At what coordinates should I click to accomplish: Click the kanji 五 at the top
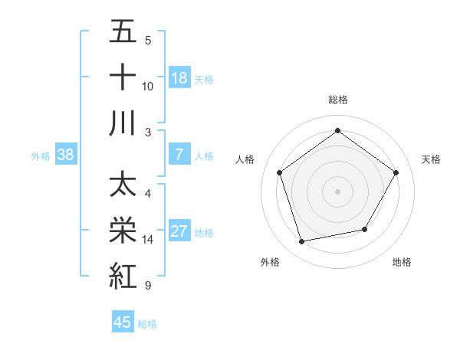click(x=123, y=33)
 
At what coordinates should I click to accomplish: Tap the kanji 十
click(x=123, y=77)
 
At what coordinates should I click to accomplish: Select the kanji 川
click(x=123, y=123)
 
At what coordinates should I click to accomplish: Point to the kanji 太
click(x=123, y=185)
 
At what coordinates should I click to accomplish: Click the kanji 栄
click(x=123, y=231)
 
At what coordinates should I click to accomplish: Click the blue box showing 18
click(x=179, y=78)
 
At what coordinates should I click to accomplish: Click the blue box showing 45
click(x=123, y=322)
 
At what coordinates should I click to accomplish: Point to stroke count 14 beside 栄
click(x=148, y=240)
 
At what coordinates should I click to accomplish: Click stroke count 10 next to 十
click(x=148, y=86)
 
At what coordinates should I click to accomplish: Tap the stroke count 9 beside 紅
click(x=147, y=286)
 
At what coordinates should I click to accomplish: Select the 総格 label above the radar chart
click(x=338, y=100)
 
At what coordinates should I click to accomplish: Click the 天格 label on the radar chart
click(x=432, y=159)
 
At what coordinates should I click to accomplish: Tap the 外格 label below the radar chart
click(x=270, y=262)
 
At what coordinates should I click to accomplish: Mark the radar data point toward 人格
click(x=279, y=172)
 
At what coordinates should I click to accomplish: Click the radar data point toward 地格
click(x=365, y=229)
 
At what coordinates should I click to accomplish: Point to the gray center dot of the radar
click(x=338, y=191)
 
